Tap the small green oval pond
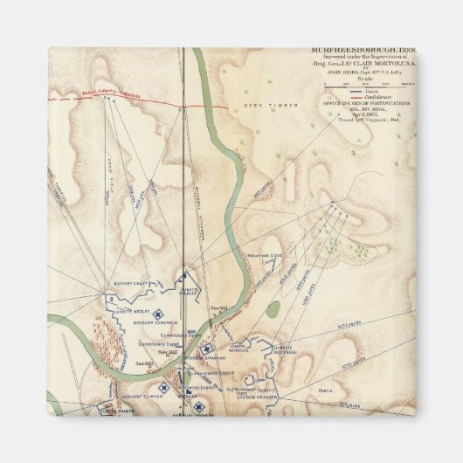pyautogui.click(x=273, y=308)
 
